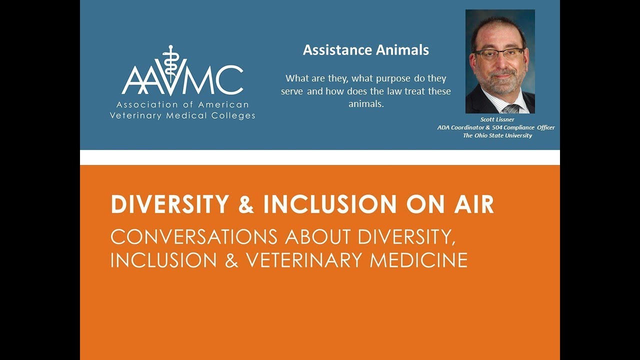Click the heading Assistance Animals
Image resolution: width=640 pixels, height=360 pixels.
pos(365,50)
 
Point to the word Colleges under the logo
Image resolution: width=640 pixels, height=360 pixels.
pos(235,115)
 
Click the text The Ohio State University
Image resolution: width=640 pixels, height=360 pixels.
pos(497,135)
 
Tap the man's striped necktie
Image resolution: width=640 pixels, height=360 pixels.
pos(510,108)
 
